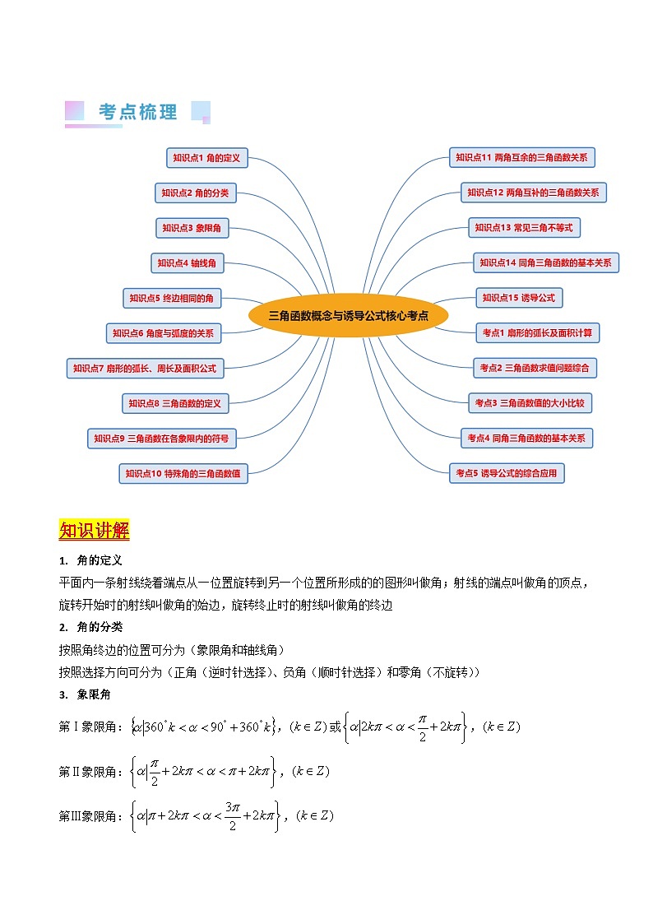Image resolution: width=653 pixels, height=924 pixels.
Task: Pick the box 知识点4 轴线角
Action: click(188, 263)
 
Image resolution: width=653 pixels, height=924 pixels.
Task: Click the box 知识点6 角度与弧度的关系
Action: click(164, 333)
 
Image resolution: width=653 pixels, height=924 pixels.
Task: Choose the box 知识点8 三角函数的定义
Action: click(175, 403)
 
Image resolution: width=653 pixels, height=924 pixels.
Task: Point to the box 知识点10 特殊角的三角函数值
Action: click(183, 473)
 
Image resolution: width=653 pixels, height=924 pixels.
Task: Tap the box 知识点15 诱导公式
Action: click(519, 298)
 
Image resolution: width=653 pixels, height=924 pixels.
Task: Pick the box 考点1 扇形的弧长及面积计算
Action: click(538, 332)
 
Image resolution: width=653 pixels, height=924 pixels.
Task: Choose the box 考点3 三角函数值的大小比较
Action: click(530, 403)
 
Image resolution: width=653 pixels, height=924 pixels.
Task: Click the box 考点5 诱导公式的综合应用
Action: click(507, 473)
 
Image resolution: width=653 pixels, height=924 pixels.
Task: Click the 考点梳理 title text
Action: click(137, 113)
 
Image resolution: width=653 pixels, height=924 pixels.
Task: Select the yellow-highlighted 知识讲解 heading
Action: click(94, 531)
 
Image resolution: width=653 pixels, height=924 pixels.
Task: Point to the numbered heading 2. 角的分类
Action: click(91, 628)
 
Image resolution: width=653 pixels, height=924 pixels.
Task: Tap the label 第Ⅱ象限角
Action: click(87, 772)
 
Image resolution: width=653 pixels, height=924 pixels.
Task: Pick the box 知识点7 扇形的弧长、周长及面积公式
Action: click(145, 369)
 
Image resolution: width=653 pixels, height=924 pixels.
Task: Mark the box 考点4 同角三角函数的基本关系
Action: click(526, 438)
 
